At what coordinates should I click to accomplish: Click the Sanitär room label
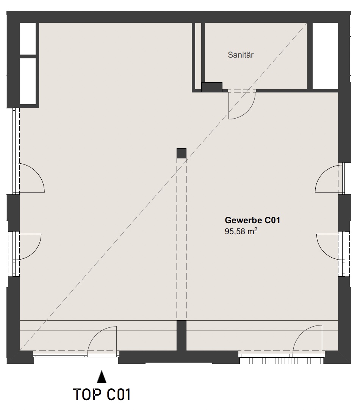[x=241, y=55]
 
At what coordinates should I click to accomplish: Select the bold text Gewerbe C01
[x=252, y=220]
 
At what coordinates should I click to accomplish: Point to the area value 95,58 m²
[x=241, y=232]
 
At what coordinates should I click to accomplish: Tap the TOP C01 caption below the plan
[x=102, y=394]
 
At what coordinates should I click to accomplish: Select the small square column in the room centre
[x=182, y=153]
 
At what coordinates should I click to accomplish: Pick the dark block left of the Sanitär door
[x=212, y=87]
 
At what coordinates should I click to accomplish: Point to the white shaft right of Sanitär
[x=325, y=56]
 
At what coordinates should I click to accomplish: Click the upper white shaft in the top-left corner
[x=28, y=39]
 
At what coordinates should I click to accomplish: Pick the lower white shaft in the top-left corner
[x=28, y=81]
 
